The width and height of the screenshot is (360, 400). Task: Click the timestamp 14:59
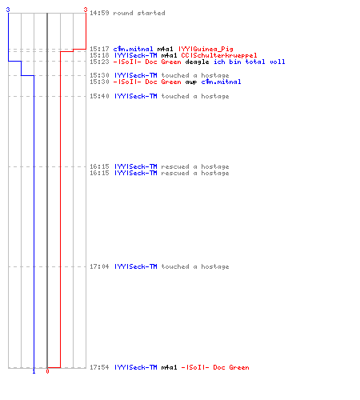pyautogui.click(x=99, y=13)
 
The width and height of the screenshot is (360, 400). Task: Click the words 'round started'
pyautogui.click(x=139, y=13)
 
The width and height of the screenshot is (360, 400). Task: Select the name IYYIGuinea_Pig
pyautogui.click(x=206, y=49)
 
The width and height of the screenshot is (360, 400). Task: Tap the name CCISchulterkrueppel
pyautogui.click(x=219, y=55)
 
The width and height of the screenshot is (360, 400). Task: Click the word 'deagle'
pyautogui.click(x=197, y=62)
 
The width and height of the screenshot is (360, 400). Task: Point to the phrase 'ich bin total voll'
pyautogui.click(x=250, y=62)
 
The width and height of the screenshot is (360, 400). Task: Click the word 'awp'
pyautogui.click(x=191, y=82)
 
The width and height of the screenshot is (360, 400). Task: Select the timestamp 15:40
pyautogui.click(x=99, y=96)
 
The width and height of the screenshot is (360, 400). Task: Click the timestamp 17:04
pyautogui.click(x=99, y=266)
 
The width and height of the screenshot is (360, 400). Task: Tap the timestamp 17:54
pyautogui.click(x=99, y=367)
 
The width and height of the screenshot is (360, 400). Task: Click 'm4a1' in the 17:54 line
pyautogui.click(x=169, y=367)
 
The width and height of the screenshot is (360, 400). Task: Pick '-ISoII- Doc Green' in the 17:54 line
pyautogui.click(x=215, y=367)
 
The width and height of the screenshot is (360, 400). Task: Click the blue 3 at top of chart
pyautogui.click(x=8, y=10)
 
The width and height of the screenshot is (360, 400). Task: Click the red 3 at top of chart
pyautogui.click(x=86, y=10)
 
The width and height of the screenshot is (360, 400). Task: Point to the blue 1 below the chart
pyautogui.click(x=34, y=371)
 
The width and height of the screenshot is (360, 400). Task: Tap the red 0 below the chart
pyautogui.click(x=47, y=371)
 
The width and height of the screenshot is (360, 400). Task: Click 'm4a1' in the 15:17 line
pyautogui.click(x=165, y=49)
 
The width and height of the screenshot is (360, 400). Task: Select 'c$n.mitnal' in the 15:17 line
pyautogui.click(x=133, y=49)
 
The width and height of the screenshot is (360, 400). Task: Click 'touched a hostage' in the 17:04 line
pyautogui.click(x=195, y=266)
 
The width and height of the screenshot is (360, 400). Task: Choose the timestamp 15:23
pyautogui.click(x=99, y=62)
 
